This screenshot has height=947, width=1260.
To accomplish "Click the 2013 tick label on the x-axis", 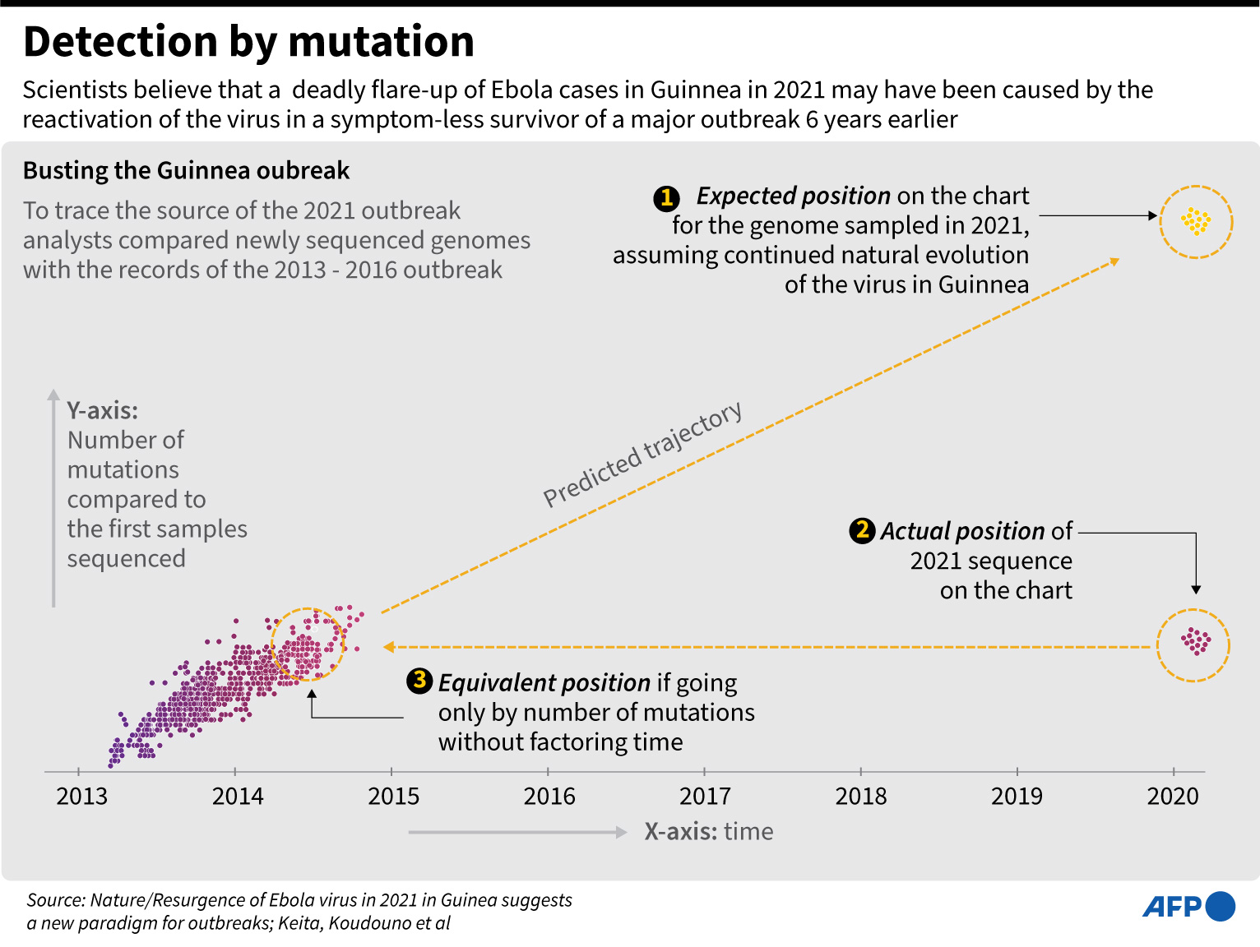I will click(81, 796).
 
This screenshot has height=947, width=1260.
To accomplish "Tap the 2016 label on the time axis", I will click(549, 796).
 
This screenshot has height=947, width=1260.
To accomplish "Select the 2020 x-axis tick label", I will click(1173, 796).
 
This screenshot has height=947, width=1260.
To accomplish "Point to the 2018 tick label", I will click(861, 796).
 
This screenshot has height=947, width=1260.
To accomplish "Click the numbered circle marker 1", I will click(666, 198).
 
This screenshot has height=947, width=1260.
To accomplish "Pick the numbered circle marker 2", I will click(862, 530).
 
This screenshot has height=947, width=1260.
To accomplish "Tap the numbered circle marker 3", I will click(419, 681).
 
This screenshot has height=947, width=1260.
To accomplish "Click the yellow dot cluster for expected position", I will click(1196, 221).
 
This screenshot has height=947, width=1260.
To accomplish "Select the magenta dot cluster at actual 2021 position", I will click(1194, 641).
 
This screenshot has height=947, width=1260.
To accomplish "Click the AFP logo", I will click(1188, 907).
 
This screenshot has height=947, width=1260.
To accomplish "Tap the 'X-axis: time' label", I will click(708, 831).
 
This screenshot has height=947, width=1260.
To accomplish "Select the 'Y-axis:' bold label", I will click(103, 410).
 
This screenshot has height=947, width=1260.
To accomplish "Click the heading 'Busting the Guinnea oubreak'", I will click(186, 170).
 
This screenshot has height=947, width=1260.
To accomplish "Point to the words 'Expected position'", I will click(793, 196).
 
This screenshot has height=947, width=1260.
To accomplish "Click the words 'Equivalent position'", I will click(544, 682).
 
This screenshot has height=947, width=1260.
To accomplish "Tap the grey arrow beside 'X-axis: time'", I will click(517, 832).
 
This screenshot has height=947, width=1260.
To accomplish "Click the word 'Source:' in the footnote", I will click(56, 900).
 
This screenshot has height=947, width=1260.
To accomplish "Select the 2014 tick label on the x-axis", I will click(238, 796).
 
